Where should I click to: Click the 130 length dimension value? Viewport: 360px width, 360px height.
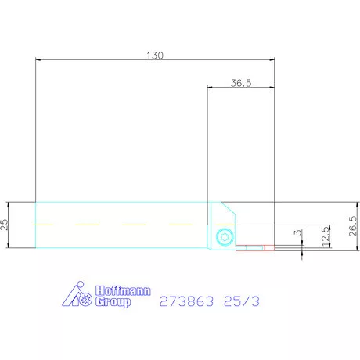tap(156, 55)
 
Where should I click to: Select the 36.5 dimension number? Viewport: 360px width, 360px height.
tap(240, 82)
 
